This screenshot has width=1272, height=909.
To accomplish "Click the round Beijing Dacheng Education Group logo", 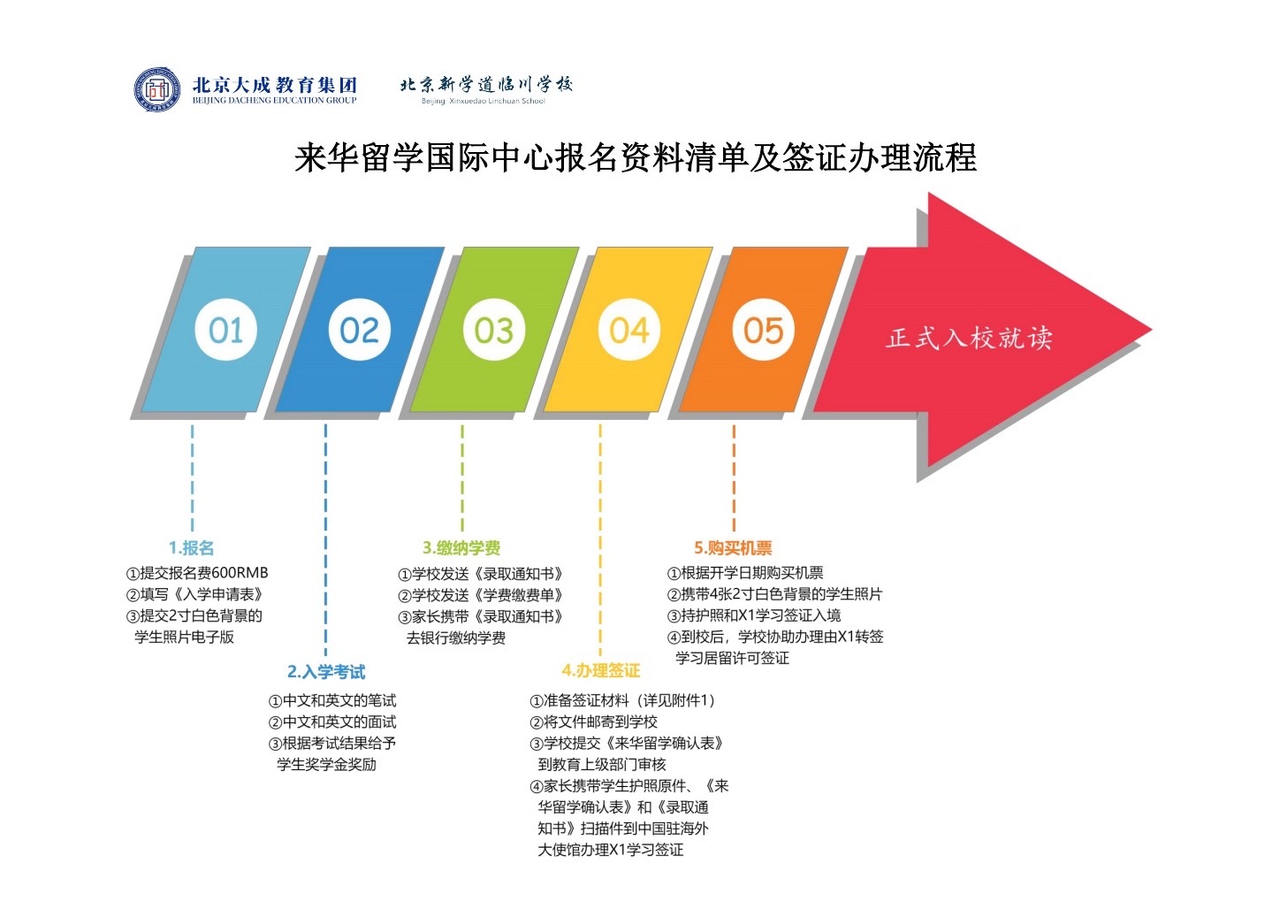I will point(157,89).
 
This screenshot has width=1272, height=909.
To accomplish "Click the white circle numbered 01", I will point(226,330).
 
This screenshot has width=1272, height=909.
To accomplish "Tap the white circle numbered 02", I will point(359,330).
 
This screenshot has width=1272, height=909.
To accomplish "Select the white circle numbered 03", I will point(493,330).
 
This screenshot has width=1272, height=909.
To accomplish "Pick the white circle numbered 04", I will point(628,330).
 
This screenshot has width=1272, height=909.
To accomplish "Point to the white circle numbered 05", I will point(763,330).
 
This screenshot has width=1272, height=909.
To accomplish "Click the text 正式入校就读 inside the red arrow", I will point(970,338).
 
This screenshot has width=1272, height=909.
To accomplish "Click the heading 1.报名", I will point(192,548).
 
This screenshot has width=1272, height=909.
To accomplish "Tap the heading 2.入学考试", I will point(326,672).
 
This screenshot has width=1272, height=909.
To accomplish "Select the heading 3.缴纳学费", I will point(461,548).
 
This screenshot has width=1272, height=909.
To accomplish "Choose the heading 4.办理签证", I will point(601,671).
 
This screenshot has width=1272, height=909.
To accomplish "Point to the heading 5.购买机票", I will point(733,548).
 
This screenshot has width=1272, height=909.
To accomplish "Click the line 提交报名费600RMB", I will point(197,573).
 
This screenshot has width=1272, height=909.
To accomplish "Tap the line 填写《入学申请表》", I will point(194,594).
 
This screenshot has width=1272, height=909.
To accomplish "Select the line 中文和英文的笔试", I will point(332,700).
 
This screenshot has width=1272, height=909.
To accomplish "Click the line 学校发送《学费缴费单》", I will point(481,595).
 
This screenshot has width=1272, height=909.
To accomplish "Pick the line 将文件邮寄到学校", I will point(594,722).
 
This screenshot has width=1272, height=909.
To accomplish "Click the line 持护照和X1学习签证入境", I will point(754,615).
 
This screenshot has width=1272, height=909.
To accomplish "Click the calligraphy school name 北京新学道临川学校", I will point(485,85).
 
